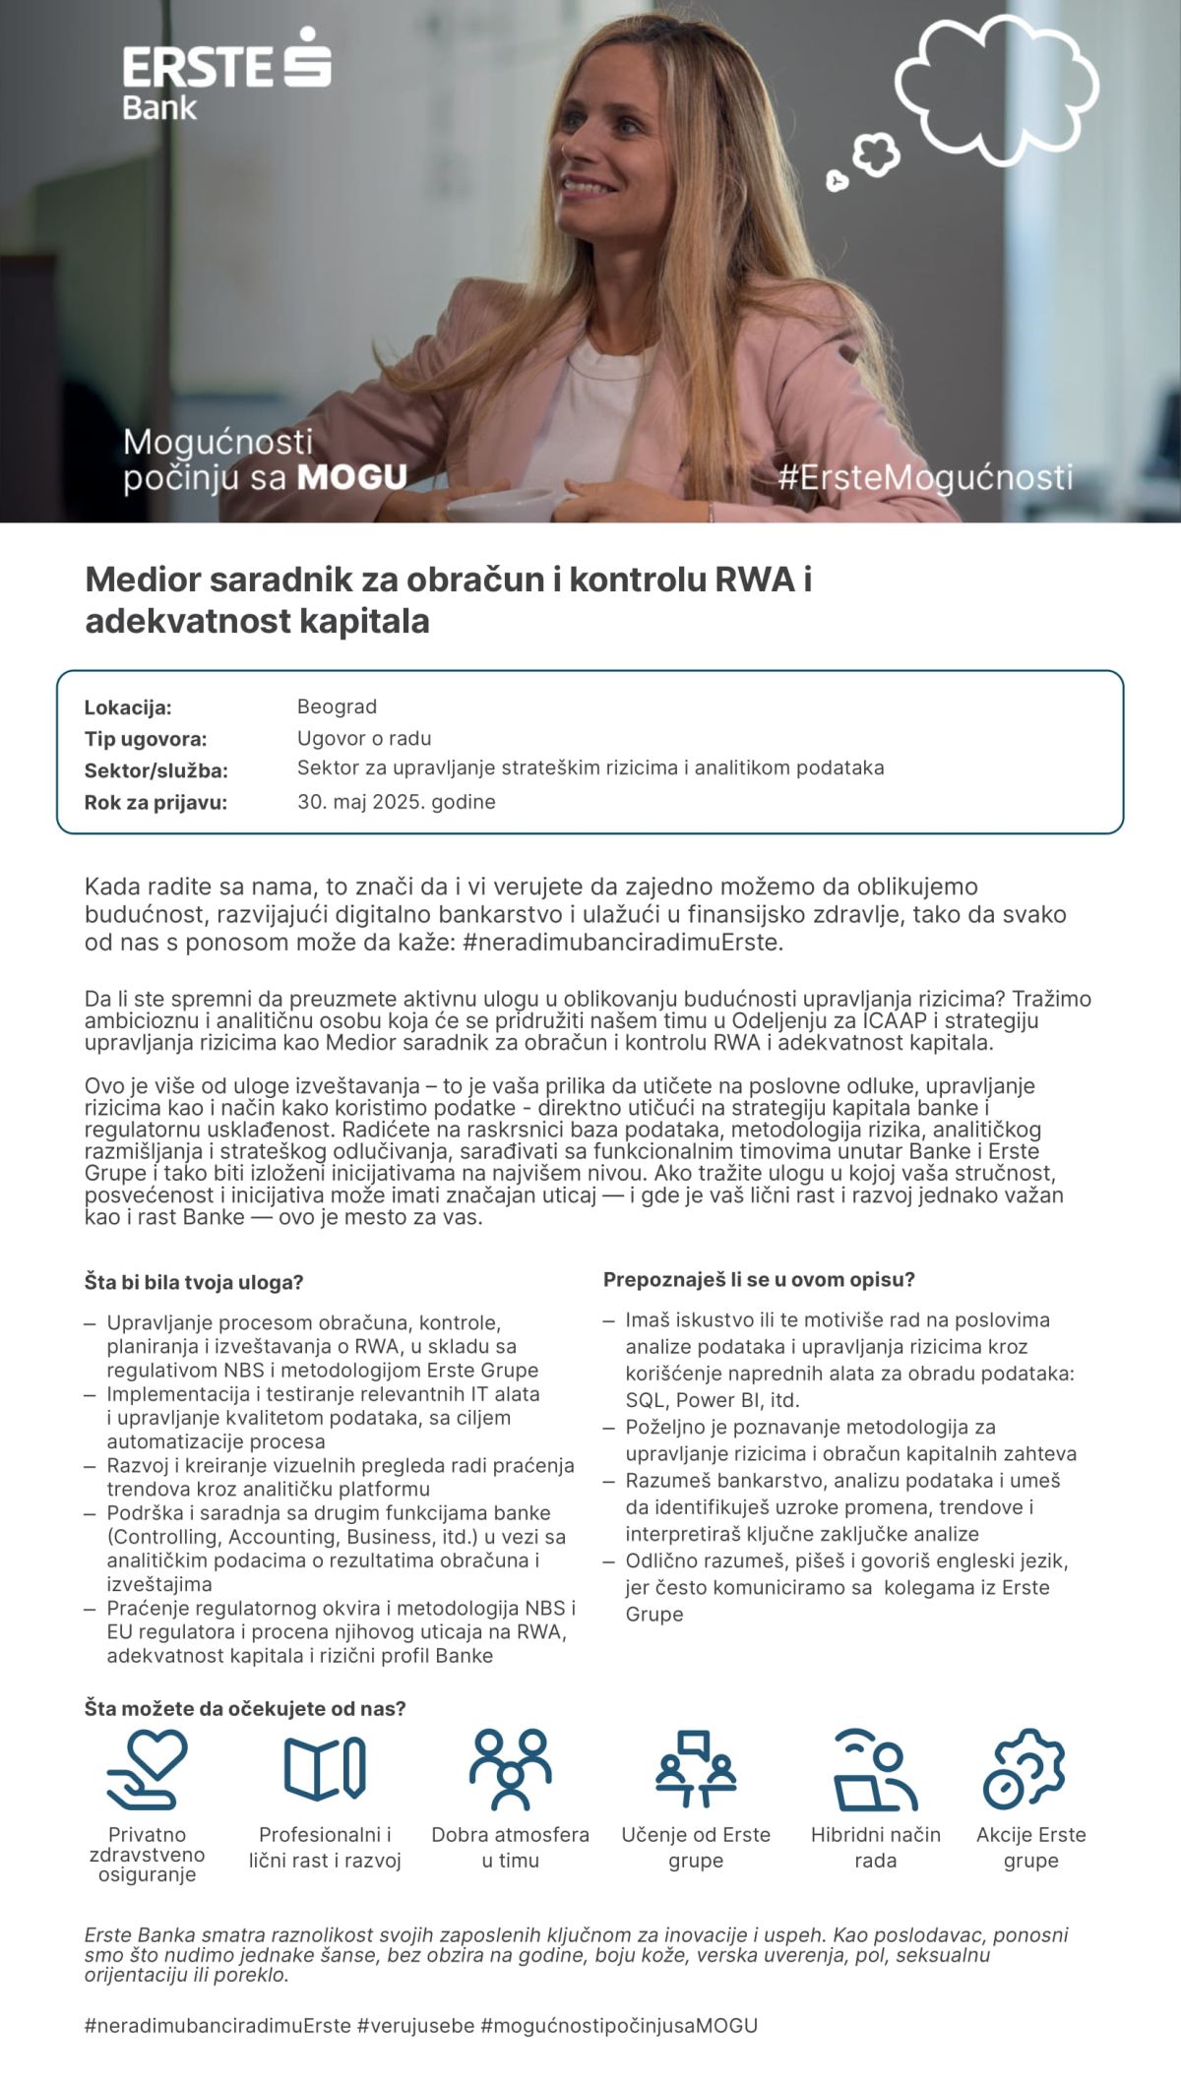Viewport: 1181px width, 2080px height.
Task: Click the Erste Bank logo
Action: (x=226, y=75)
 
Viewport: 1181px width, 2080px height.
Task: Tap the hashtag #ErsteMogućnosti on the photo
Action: (x=924, y=478)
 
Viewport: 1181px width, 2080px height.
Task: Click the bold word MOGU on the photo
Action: (x=351, y=478)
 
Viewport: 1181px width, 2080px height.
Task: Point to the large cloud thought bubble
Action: (x=996, y=82)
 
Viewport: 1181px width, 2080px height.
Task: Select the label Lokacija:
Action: (x=128, y=707)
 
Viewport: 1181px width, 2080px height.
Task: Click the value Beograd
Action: (x=337, y=706)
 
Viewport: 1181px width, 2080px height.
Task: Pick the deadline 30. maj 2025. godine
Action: (x=396, y=802)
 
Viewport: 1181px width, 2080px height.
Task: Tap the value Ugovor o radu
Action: (x=364, y=738)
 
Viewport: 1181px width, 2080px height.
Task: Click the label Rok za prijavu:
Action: (x=155, y=803)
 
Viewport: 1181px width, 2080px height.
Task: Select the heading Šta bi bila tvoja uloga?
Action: (x=194, y=1283)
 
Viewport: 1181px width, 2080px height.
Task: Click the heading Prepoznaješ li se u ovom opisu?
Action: (x=759, y=1280)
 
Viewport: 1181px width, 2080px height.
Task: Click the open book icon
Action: (x=325, y=1769)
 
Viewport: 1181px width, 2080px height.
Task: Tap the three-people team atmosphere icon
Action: (x=510, y=1769)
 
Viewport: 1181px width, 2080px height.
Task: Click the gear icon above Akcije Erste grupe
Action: (x=1026, y=1769)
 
